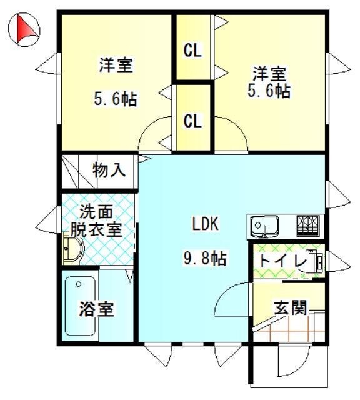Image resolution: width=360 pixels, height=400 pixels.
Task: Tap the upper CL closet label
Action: (193, 51)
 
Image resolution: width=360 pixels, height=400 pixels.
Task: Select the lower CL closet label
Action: (193, 121)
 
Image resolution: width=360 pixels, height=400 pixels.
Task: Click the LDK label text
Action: (205, 224)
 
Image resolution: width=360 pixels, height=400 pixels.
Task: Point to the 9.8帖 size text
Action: (205, 258)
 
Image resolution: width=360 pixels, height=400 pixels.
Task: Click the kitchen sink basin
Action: (264, 226)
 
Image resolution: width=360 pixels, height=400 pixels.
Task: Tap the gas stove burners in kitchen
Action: (308, 226)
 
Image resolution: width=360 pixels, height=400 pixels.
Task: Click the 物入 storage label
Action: (109, 170)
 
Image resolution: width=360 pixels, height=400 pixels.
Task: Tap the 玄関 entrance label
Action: (291, 307)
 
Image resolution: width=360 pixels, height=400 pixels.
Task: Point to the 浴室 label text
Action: (96, 309)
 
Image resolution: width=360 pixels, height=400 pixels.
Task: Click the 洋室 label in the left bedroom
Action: (116, 65)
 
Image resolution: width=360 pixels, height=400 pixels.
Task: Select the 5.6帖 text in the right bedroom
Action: (269, 91)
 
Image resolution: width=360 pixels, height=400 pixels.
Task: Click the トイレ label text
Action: (282, 261)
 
